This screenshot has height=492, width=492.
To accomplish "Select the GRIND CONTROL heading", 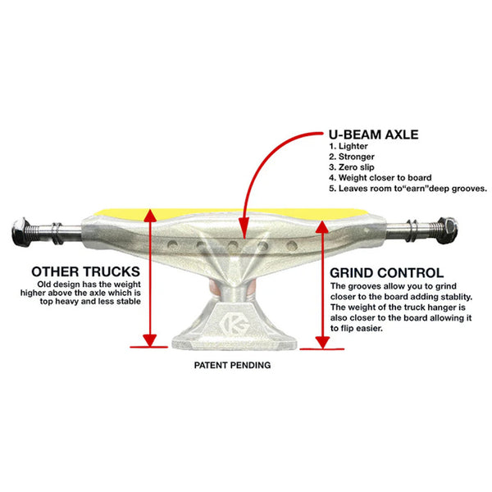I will point(386,272).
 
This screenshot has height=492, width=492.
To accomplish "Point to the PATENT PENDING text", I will point(232,366).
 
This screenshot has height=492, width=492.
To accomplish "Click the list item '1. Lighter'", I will point(350,147).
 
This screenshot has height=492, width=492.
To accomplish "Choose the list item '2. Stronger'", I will point(354,157).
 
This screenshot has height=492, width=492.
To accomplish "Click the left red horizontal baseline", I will point(148,347).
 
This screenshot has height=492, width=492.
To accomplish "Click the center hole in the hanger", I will point(233,244).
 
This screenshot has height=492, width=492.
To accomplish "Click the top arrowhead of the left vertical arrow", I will point(149,213).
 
